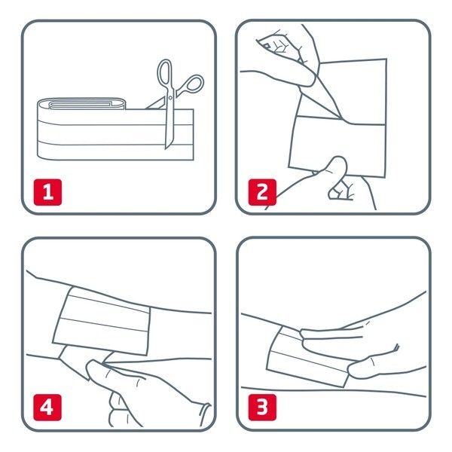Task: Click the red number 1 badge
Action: tap(47, 192)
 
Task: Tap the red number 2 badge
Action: tap(262, 192)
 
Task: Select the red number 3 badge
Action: tap(262, 408)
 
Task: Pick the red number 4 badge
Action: tap(47, 408)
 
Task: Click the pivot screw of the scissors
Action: tap(170, 98)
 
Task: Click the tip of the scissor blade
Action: tap(166, 148)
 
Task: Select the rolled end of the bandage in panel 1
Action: tap(81, 105)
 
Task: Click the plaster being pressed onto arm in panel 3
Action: tap(307, 357)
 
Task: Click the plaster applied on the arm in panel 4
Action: tap(102, 322)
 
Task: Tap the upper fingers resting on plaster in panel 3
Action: tap(331, 334)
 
